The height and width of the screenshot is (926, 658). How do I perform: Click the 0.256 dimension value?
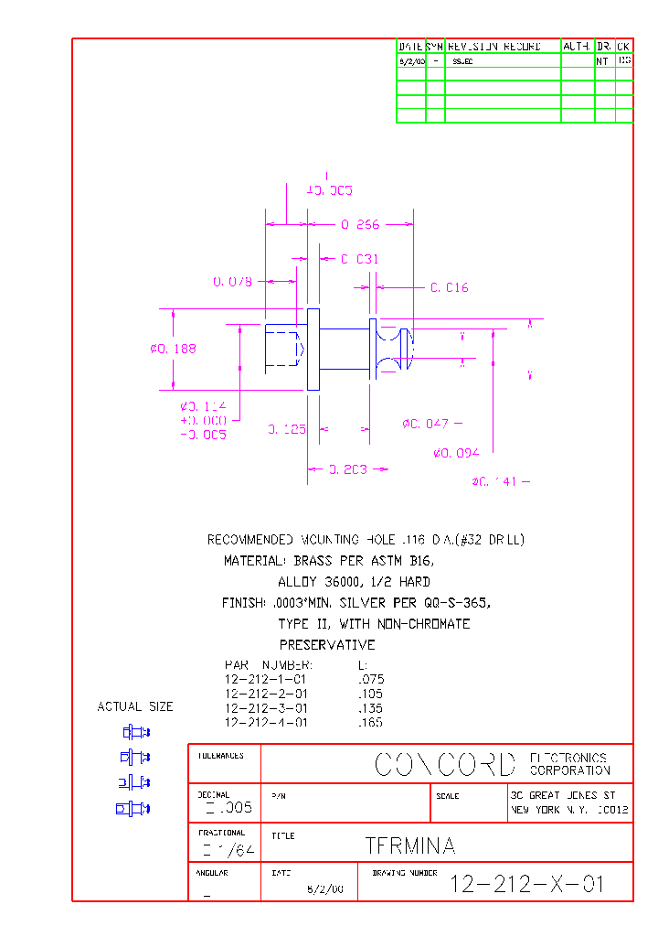360,224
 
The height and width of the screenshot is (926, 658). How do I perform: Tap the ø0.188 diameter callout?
173,349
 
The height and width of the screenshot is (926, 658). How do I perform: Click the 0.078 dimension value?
232,282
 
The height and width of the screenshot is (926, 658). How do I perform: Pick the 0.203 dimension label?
347,469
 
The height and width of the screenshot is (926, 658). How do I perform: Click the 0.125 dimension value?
286,429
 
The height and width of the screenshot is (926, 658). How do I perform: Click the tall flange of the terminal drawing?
313,350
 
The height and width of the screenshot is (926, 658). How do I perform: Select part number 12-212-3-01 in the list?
265,708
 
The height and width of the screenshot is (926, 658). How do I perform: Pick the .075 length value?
371,680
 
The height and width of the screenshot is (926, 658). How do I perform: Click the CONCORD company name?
445,765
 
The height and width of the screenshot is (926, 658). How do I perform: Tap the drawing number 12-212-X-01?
527,884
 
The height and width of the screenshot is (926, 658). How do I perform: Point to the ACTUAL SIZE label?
134,706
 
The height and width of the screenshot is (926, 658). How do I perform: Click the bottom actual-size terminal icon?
133,808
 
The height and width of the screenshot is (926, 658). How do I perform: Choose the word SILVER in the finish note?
363,603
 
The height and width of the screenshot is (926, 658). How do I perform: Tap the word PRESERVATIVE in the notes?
327,645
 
